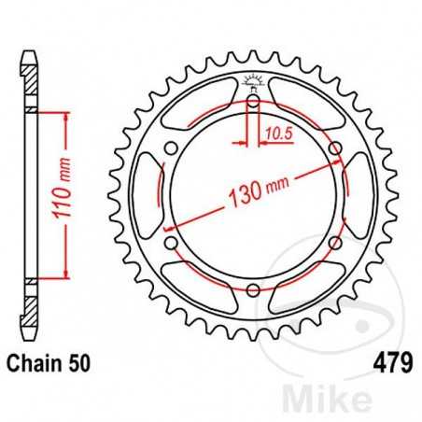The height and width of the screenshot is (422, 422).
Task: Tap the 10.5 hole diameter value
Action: click(x=273, y=134)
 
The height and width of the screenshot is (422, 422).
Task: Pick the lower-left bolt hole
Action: click(x=170, y=244)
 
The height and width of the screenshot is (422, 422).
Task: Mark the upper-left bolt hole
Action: click(x=170, y=148)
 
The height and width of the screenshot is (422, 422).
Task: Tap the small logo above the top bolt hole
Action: click(x=252, y=80)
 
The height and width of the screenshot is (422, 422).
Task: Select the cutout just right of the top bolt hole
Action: click(x=304, y=105)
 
